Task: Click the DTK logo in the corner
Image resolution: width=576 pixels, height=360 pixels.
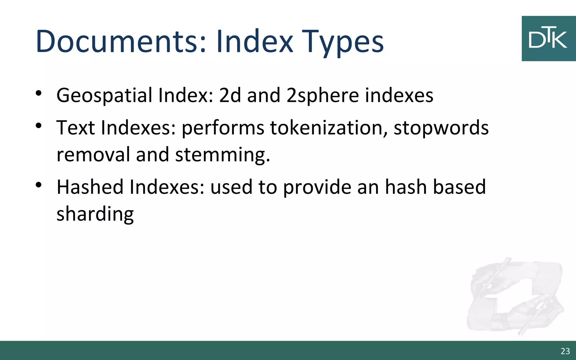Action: click(x=548, y=39)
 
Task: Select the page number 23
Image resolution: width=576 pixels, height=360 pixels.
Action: click(x=565, y=351)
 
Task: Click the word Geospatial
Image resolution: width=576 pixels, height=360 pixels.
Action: click(x=104, y=96)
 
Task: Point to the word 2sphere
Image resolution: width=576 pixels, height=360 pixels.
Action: click(x=322, y=96)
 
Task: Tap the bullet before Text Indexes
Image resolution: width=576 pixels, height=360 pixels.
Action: click(x=39, y=125)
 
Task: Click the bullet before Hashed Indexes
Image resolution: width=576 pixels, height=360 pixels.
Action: click(x=39, y=185)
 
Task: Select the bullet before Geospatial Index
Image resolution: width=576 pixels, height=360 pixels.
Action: click(x=39, y=93)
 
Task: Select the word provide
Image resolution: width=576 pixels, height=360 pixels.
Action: click(x=317, y=188)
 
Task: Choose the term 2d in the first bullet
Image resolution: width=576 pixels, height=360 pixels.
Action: click(x=230, y=96)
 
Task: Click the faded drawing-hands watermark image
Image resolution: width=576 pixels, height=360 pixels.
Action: click(x=515, y=297)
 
